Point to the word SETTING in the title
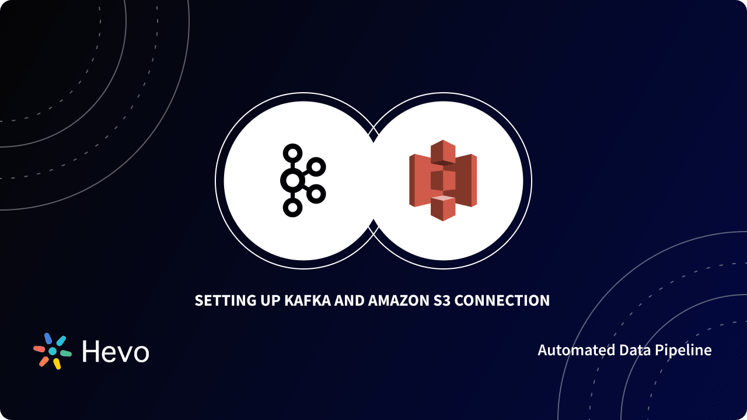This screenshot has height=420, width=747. point(224,301)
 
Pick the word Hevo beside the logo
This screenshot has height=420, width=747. point(116,352)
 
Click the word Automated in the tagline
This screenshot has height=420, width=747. point(569,350)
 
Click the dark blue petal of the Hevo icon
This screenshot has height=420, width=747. point(48,338)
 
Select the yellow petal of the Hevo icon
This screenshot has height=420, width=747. point(57,364)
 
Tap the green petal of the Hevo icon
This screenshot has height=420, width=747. point(65,353)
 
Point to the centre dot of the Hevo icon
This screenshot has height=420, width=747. point(53,351)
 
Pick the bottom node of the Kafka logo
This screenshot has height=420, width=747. point(292,208)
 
